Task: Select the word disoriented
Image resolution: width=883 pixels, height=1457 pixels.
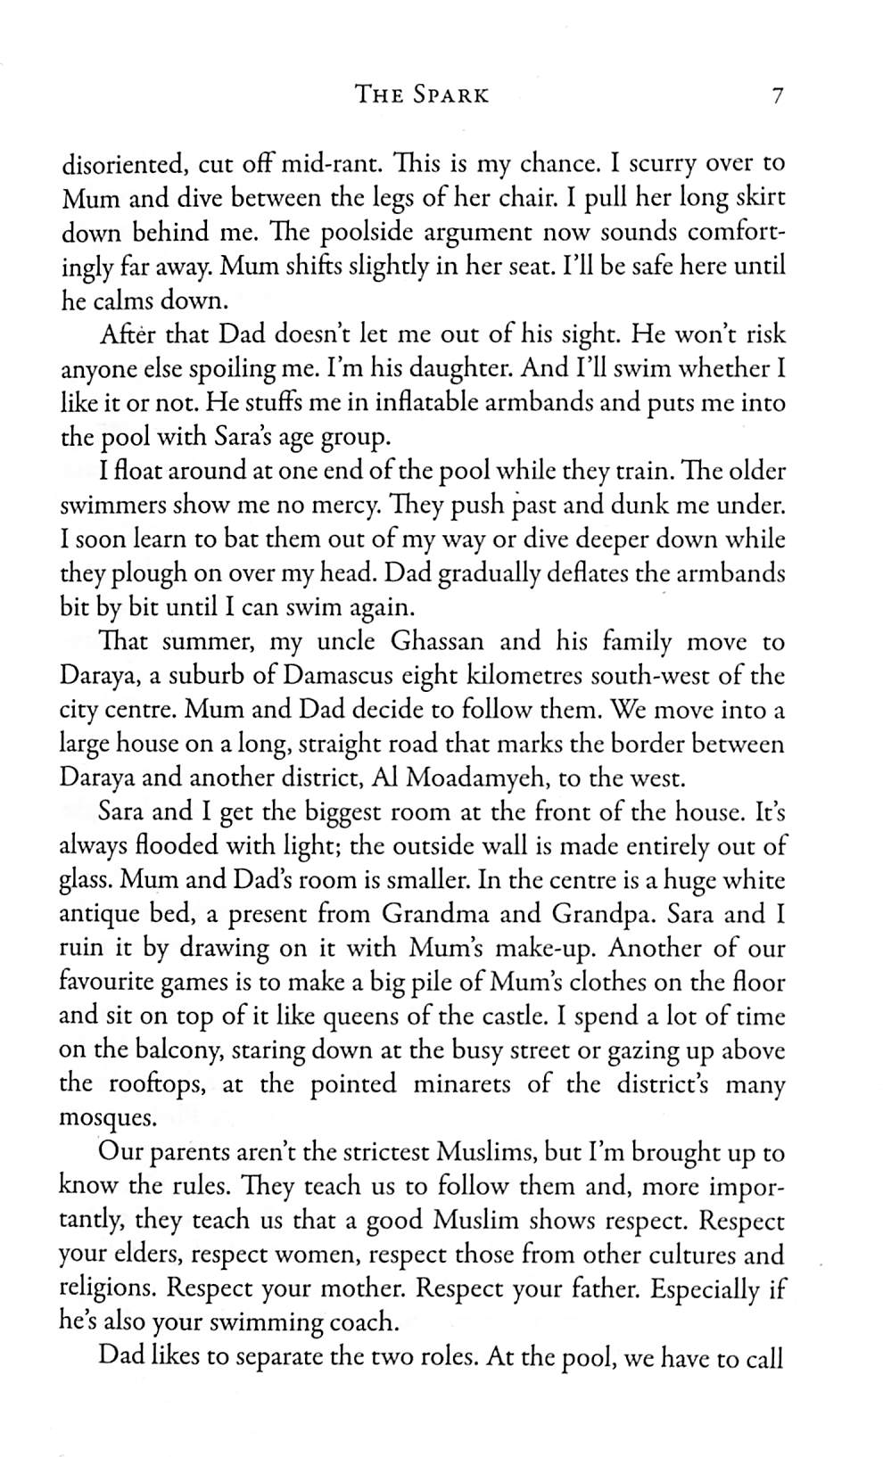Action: pyautogui.click(x=122, y=164)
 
